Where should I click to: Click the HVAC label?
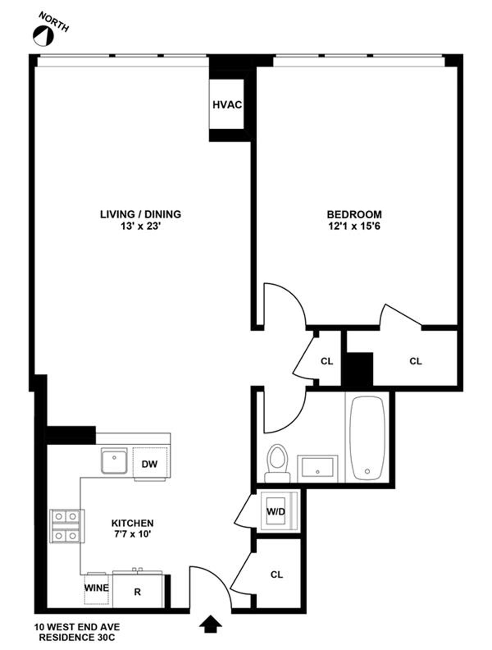(227, 105)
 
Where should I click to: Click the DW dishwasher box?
(150, 464)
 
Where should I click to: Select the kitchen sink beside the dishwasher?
(114, 462)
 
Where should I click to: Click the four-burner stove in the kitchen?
(66, 526)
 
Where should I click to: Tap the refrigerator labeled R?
(138, 592)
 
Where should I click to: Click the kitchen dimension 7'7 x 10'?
(132, 534)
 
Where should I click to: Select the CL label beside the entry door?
(277, 574)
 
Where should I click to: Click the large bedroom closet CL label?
(415, 361)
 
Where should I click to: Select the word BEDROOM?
(354, 214)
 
